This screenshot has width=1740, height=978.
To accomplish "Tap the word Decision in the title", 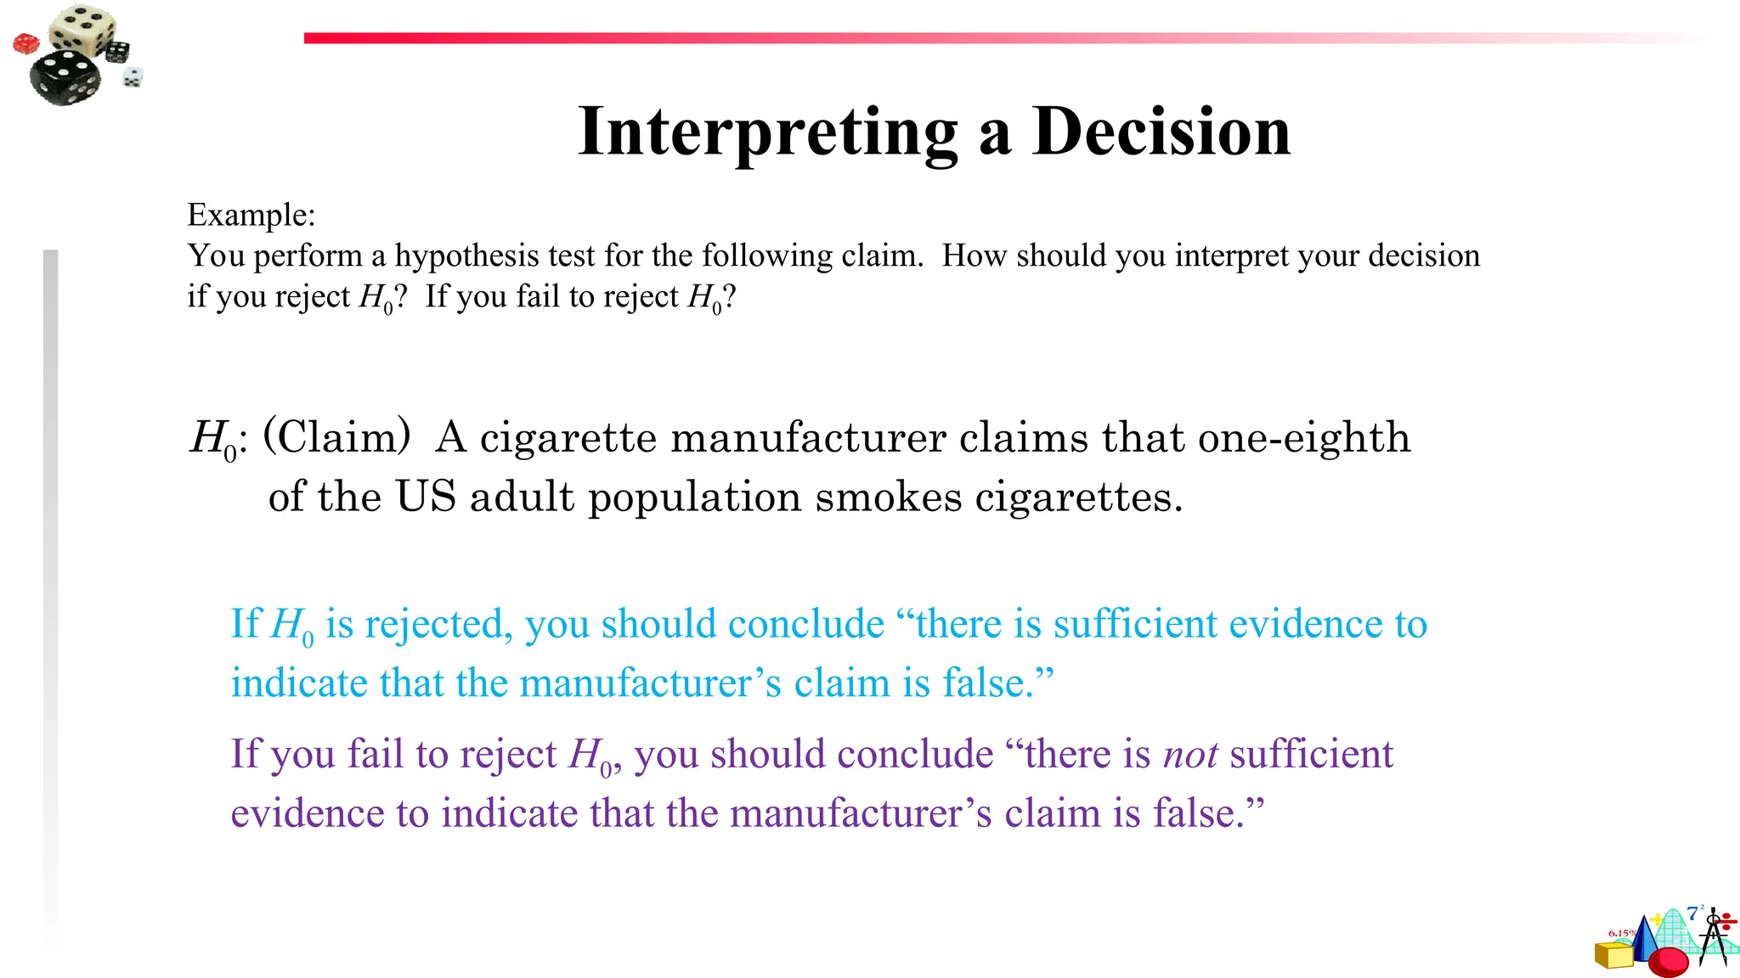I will click(x=1161, y=132).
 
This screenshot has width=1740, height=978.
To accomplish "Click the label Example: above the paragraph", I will click(x=251, y=215).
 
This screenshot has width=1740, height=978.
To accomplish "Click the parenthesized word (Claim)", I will click(x=337, y=437).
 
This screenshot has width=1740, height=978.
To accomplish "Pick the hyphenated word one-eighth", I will click(x=1303, y=439).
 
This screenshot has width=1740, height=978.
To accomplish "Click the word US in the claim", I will click(x=426, y=497).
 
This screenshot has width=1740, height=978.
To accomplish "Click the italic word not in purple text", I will click(x=1190, y=755).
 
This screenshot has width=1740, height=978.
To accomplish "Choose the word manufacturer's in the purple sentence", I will click(x=861, y=814).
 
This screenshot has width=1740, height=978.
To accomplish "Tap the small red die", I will click(x=25, y=42).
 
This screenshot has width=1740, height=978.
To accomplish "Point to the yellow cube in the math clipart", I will click(x=1613, y=955).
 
